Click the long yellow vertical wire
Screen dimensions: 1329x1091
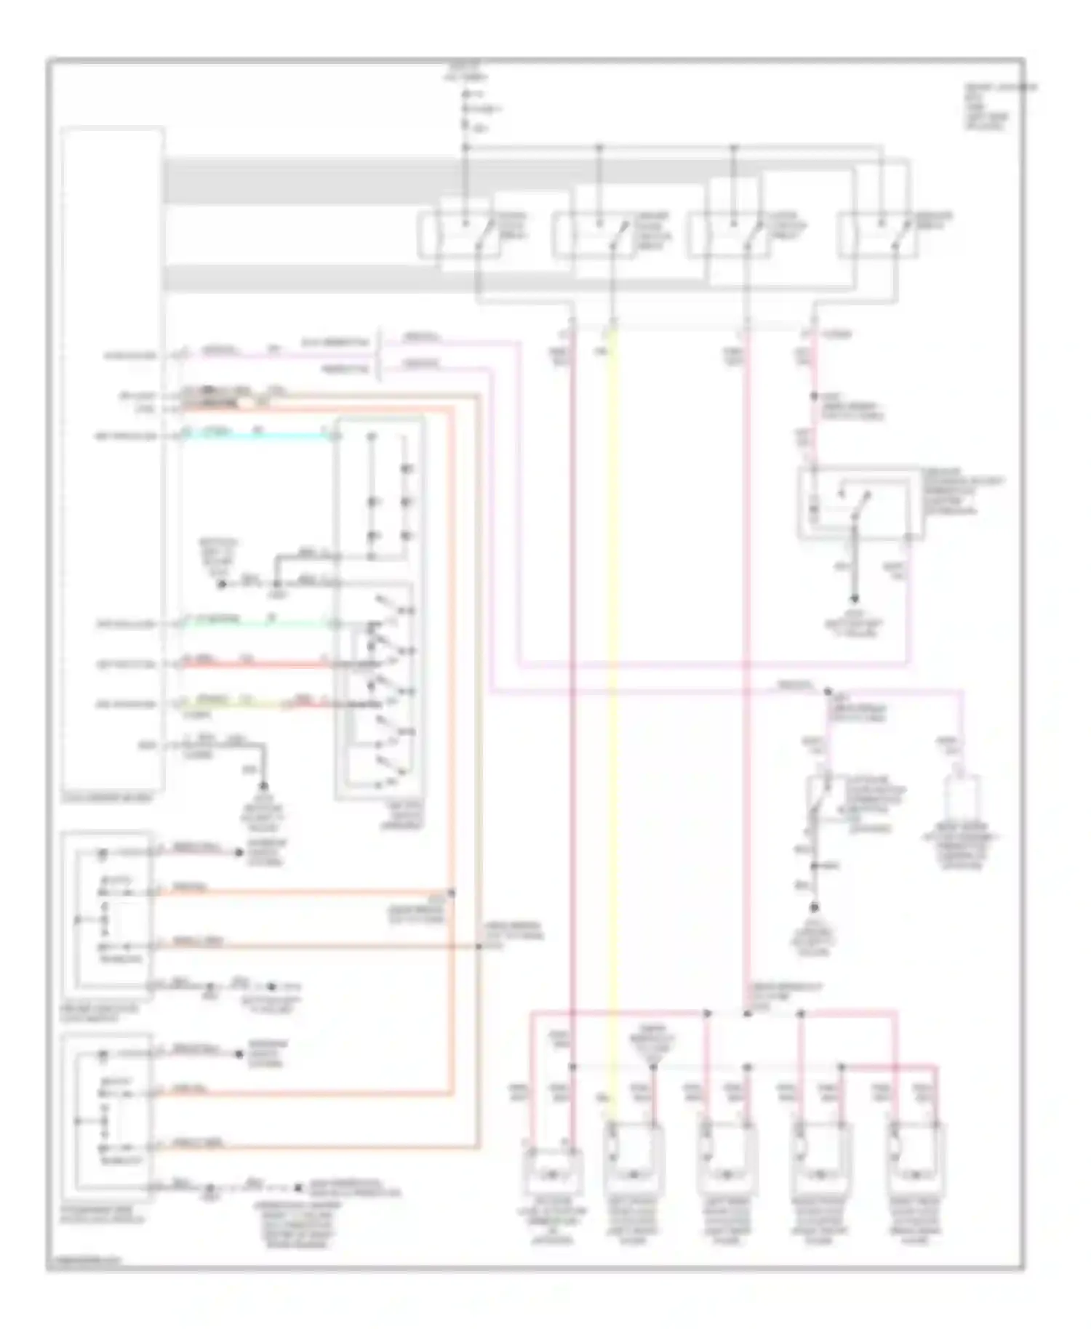[x=612, y=727]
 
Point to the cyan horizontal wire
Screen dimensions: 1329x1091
[x=255, y=436]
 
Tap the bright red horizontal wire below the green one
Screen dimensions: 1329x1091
[x=255, y=664]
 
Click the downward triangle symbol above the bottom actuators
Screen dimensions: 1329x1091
[x=652, y=1067]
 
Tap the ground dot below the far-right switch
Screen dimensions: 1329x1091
[x=815, y=909]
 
